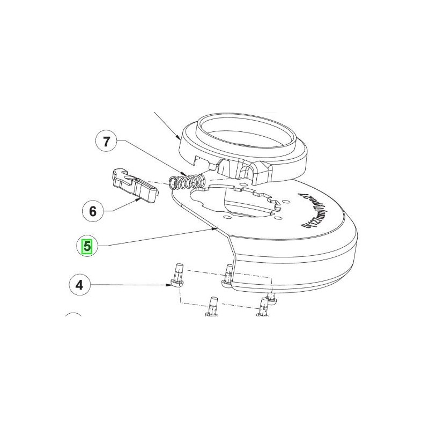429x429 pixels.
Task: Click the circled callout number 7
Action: (107, 142)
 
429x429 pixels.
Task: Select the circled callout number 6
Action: (92, 211)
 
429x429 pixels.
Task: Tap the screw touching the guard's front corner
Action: (228, 276)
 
